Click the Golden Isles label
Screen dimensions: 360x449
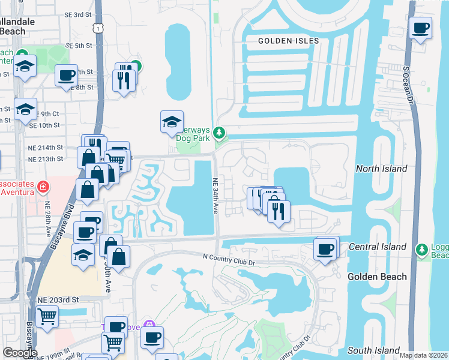(x=288, y=41)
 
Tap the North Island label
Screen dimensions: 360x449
(x=382, y=169)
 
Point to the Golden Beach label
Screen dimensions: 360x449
(x=377, y=277)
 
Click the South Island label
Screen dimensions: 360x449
(x=374, y=350)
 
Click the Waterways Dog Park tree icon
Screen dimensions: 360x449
(x=220, y=131)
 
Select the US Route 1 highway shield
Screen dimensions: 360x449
(x=97, y=28)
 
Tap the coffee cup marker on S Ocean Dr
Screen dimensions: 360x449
(x=421, y=28)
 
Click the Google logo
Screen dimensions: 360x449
(x=19, y=353)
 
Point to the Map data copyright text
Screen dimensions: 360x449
(x=423, y=355)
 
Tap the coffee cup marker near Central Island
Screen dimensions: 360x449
(x=325, y=249)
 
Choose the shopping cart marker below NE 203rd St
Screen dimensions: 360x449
(x=47, y=316)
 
